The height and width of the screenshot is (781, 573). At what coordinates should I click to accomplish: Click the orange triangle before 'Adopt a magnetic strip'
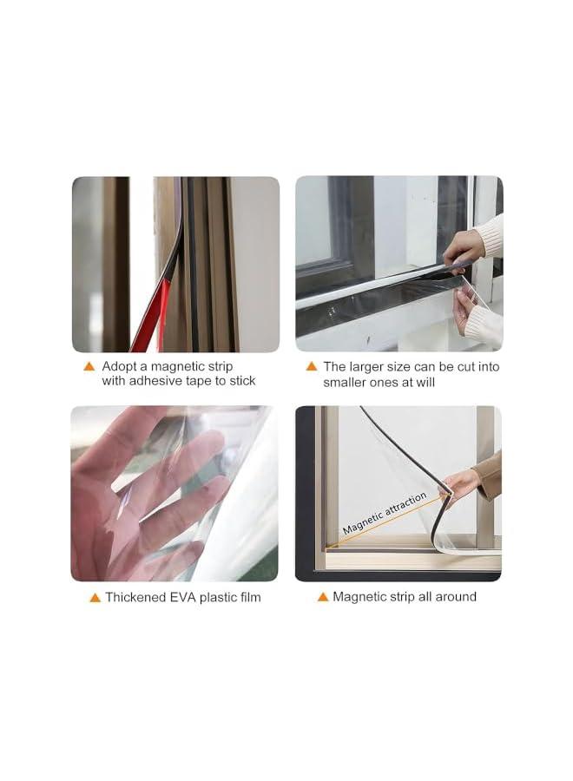coord(89,366)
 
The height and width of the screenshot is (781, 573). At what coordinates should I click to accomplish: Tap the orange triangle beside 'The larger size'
coord(312,366)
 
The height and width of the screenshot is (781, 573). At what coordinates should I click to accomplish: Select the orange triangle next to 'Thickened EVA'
coord(95,598)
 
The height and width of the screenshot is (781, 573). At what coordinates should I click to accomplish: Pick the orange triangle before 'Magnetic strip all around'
coord(323,597)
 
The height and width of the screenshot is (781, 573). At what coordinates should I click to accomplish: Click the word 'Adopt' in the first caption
coord(119,367)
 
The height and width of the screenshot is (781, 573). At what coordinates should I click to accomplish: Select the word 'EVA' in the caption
coord(184,597)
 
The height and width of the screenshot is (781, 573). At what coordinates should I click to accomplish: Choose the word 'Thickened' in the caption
coord(135,597)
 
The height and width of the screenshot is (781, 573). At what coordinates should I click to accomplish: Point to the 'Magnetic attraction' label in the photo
coord(385,513)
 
